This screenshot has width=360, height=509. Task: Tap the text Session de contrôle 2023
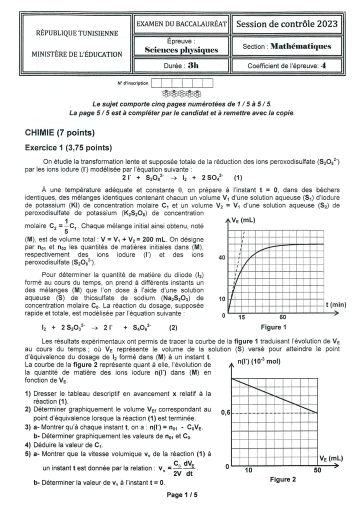[286, 24]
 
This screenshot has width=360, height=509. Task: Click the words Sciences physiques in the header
[181, 50]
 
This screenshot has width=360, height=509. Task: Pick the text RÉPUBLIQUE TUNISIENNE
[77, 33]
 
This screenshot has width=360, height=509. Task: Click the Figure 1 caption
[273, 327]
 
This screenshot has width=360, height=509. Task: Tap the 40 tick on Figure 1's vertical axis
[222, 258]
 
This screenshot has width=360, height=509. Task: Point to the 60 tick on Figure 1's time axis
[282, 317]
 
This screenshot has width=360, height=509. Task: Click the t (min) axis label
[335, 304]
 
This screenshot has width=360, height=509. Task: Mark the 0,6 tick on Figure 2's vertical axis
[226, 413]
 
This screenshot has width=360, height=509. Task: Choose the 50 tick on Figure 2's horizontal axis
[317, 470]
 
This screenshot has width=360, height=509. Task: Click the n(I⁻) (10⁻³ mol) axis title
[259, 361]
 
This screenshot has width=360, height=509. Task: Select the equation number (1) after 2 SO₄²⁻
[237, 177]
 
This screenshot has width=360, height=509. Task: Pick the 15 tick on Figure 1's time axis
[241, 317]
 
